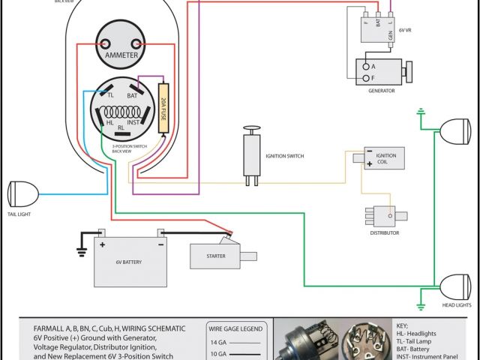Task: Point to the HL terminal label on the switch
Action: (109, 122)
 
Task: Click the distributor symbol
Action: (382, 216)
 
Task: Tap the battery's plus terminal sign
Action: (101, 244)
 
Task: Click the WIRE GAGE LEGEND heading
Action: (235, 328)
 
